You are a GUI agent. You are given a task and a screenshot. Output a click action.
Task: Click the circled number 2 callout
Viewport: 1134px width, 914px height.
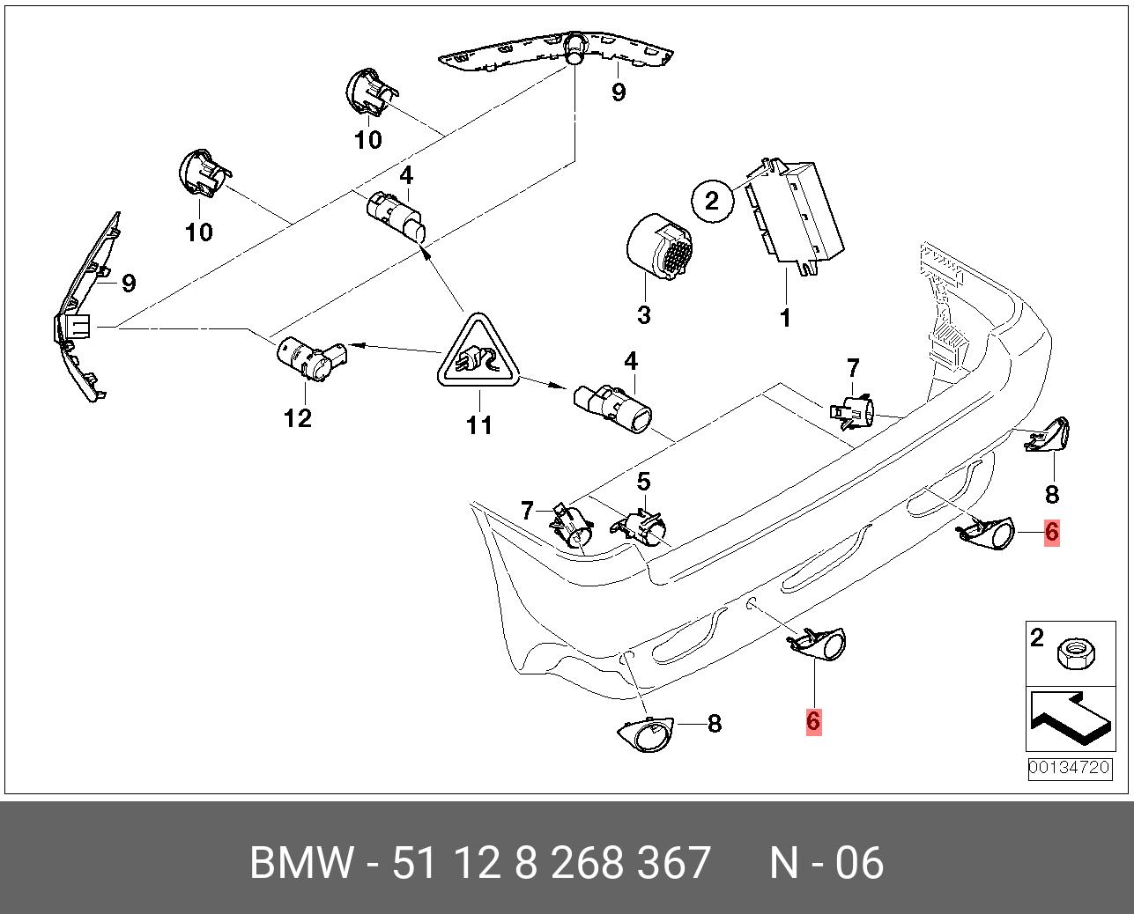712,200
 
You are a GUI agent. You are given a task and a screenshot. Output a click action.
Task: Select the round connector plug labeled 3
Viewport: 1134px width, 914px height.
658,251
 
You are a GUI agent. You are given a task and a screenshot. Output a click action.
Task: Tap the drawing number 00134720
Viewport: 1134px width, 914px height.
1069,767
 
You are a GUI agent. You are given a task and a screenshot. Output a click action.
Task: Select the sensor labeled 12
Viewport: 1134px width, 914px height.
311,357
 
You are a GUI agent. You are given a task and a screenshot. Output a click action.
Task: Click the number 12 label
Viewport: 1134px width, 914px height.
298,417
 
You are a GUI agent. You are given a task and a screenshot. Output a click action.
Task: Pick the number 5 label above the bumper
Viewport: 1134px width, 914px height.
644,482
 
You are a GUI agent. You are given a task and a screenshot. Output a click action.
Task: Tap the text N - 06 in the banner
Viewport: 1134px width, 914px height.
826,863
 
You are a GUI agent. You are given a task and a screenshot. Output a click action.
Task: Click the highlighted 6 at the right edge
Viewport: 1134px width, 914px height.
1051,532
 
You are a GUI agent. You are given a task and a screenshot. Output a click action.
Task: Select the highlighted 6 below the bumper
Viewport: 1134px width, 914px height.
812,721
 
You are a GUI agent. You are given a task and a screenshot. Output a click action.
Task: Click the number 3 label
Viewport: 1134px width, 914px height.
643,314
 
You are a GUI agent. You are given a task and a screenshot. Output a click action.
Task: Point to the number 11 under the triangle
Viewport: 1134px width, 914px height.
478,425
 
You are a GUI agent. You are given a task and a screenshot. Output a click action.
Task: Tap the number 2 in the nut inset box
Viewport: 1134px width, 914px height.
1037,637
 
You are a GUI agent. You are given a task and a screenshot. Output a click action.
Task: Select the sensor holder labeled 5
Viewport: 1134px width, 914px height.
642,528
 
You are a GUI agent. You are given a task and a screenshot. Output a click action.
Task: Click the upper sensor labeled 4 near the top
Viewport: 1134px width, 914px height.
397,214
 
